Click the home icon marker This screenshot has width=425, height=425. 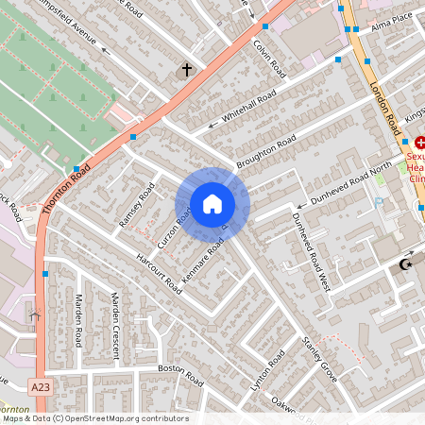pos(212,203)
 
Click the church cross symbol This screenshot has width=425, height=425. pos(186,70)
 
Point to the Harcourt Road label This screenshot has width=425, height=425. pos(158,272)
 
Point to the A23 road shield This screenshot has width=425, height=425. pos(40,387)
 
